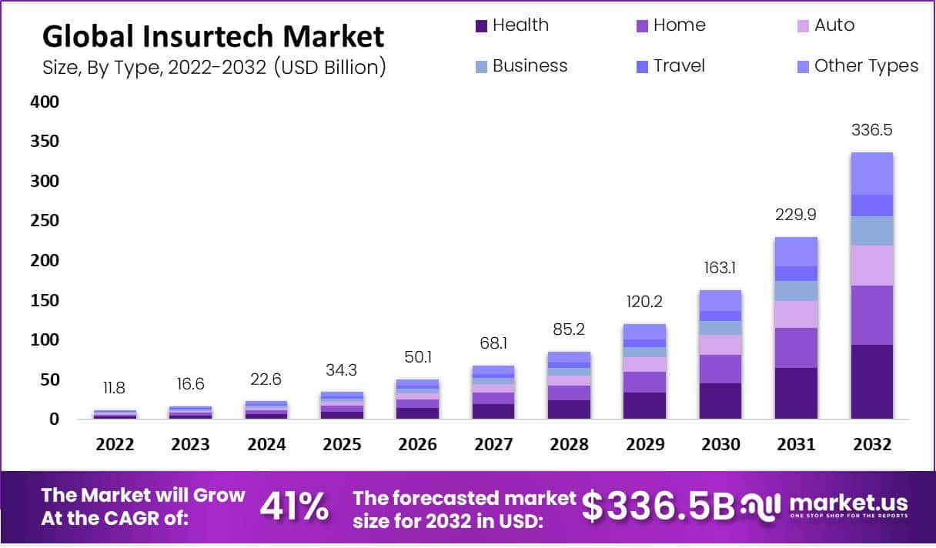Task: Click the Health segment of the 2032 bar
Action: coord(871,382)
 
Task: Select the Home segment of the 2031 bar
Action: coord(796,348)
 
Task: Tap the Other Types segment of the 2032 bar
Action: coord(871,173)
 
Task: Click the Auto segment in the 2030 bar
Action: coord(720,345)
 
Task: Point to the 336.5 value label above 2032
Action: coord(871,129)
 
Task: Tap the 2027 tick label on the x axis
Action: coord(493,445)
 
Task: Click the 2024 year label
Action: coord(266,445)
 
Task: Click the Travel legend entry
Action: coord(678,66)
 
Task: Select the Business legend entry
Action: coord(529,66)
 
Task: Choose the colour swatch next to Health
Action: coord(482,26)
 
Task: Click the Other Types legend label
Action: coord(865,66)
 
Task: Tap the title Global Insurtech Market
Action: coord(212,36)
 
